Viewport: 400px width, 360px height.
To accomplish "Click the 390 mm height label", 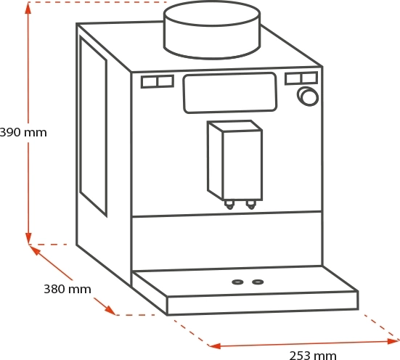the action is (x=23, y=133).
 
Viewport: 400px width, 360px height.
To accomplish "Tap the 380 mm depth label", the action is (x=68, y=289).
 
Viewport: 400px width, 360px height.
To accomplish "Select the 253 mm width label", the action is (x=313, y=356).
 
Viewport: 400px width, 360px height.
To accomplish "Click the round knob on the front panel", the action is (x=308, y=97).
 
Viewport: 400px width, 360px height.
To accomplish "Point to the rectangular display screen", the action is (x=230, y=93).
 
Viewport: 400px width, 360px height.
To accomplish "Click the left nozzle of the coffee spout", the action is (x=229, y=205).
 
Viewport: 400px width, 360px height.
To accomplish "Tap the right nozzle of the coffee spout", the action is (x=251, y=204).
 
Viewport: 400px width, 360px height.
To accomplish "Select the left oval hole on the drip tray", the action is (x=237, y=282).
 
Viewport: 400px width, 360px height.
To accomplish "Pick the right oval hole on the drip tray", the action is (x=258, y=282).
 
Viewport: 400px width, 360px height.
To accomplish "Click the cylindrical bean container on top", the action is (x=212, y=30).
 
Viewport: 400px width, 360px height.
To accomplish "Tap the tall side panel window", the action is (x=93, y=126).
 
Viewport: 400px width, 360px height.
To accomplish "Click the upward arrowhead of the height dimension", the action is (x=28, y=9).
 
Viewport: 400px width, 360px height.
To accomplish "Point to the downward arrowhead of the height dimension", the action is (x=28, y=238).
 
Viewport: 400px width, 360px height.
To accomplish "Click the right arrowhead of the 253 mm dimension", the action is (x=393, y=341).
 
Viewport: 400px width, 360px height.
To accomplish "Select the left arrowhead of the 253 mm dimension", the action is (x=215, y=346).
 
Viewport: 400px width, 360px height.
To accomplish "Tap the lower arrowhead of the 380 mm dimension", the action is (x=111, y=310).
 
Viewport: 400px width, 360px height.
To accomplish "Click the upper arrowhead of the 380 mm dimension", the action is (x=35, y=250).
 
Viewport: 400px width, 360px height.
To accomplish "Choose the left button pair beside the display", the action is (x=158, y=81).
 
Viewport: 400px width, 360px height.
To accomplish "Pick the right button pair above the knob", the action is (x=301, y=78).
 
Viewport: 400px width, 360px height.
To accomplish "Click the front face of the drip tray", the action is (x=263, y=303).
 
